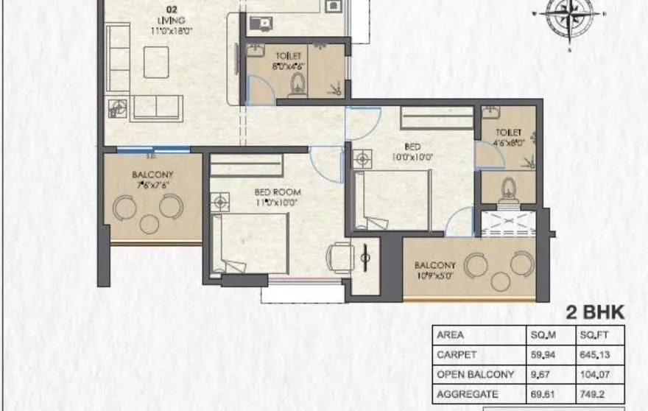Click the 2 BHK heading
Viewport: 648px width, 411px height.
[x=595, y=312]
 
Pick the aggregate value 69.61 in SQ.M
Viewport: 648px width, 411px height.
[x=543, y=393]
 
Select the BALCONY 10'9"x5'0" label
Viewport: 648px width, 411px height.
[x=434, y=270]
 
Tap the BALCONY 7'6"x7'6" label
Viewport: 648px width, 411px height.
[x=153, y=180]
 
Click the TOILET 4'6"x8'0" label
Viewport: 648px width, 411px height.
[x=509, y=139]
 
